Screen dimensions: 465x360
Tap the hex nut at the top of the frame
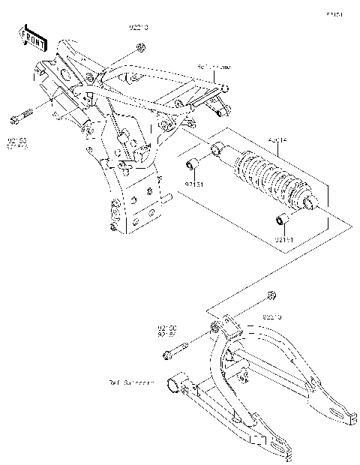pos(140,50)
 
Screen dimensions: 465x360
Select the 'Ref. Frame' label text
pos(214,67)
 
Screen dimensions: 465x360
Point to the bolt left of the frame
pos(20,117)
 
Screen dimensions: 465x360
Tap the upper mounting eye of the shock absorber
pos(218,149)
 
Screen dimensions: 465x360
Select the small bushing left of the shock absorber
pos(192,165)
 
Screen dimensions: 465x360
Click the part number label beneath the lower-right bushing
pos(283,239)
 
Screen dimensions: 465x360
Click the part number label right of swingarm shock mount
pos(271,318)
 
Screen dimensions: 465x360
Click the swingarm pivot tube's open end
pos(172,386)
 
